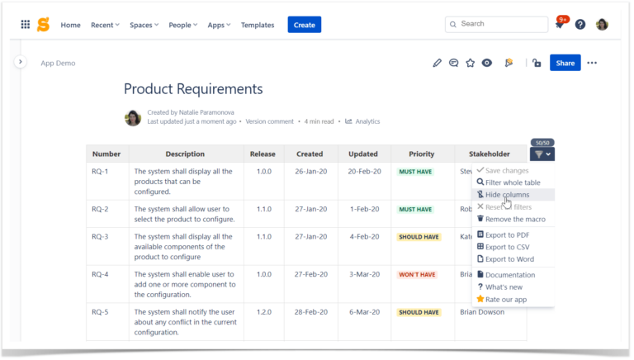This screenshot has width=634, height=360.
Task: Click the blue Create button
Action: pos(304,25)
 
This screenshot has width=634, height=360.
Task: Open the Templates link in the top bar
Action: pos(258,25)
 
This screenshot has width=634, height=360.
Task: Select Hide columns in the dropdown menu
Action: pos(507,195)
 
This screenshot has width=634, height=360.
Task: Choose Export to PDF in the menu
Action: pos(507,235)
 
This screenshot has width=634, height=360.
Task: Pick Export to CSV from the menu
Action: pos(507,247)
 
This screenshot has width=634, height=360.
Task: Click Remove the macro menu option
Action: pos(514,220)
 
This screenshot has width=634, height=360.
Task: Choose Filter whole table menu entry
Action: pos(512,182)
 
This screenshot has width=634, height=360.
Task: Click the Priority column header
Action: pos(421,154)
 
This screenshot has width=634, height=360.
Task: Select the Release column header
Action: pos(263,154)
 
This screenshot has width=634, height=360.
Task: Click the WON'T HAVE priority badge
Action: pos(418,275)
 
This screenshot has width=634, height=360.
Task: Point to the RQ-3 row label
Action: pos(100,237)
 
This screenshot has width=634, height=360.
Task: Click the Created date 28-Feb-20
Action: pos(310,313)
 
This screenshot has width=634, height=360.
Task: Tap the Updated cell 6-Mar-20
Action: pos(363,313)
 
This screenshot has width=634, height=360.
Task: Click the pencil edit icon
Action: pos(438,63)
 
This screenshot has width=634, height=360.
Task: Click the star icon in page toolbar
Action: pos(470,63)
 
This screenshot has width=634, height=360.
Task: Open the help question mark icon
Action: pos(580,25)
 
